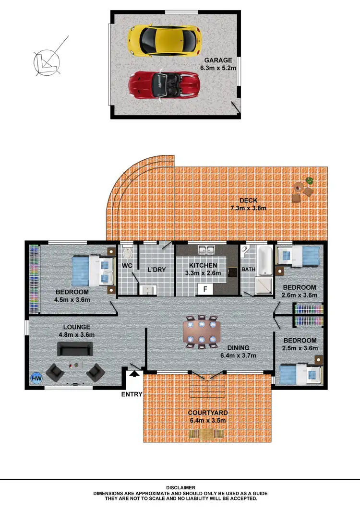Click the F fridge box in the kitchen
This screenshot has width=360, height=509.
click(205, 289)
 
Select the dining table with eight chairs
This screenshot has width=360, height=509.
click(202, 331)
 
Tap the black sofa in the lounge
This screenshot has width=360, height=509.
click(75, 349)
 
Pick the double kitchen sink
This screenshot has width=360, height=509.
click(207, 250)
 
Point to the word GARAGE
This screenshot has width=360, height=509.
click(218, 60)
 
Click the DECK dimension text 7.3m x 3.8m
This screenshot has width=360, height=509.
click(248, 208)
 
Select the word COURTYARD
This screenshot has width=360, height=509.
click(207, 413)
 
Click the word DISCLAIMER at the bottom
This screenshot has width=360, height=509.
click(180, 487)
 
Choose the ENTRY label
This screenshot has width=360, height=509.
click(132, 394)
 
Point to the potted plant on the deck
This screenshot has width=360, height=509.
click(309, 181)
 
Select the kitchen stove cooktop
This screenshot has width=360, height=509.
click(232, 272)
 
